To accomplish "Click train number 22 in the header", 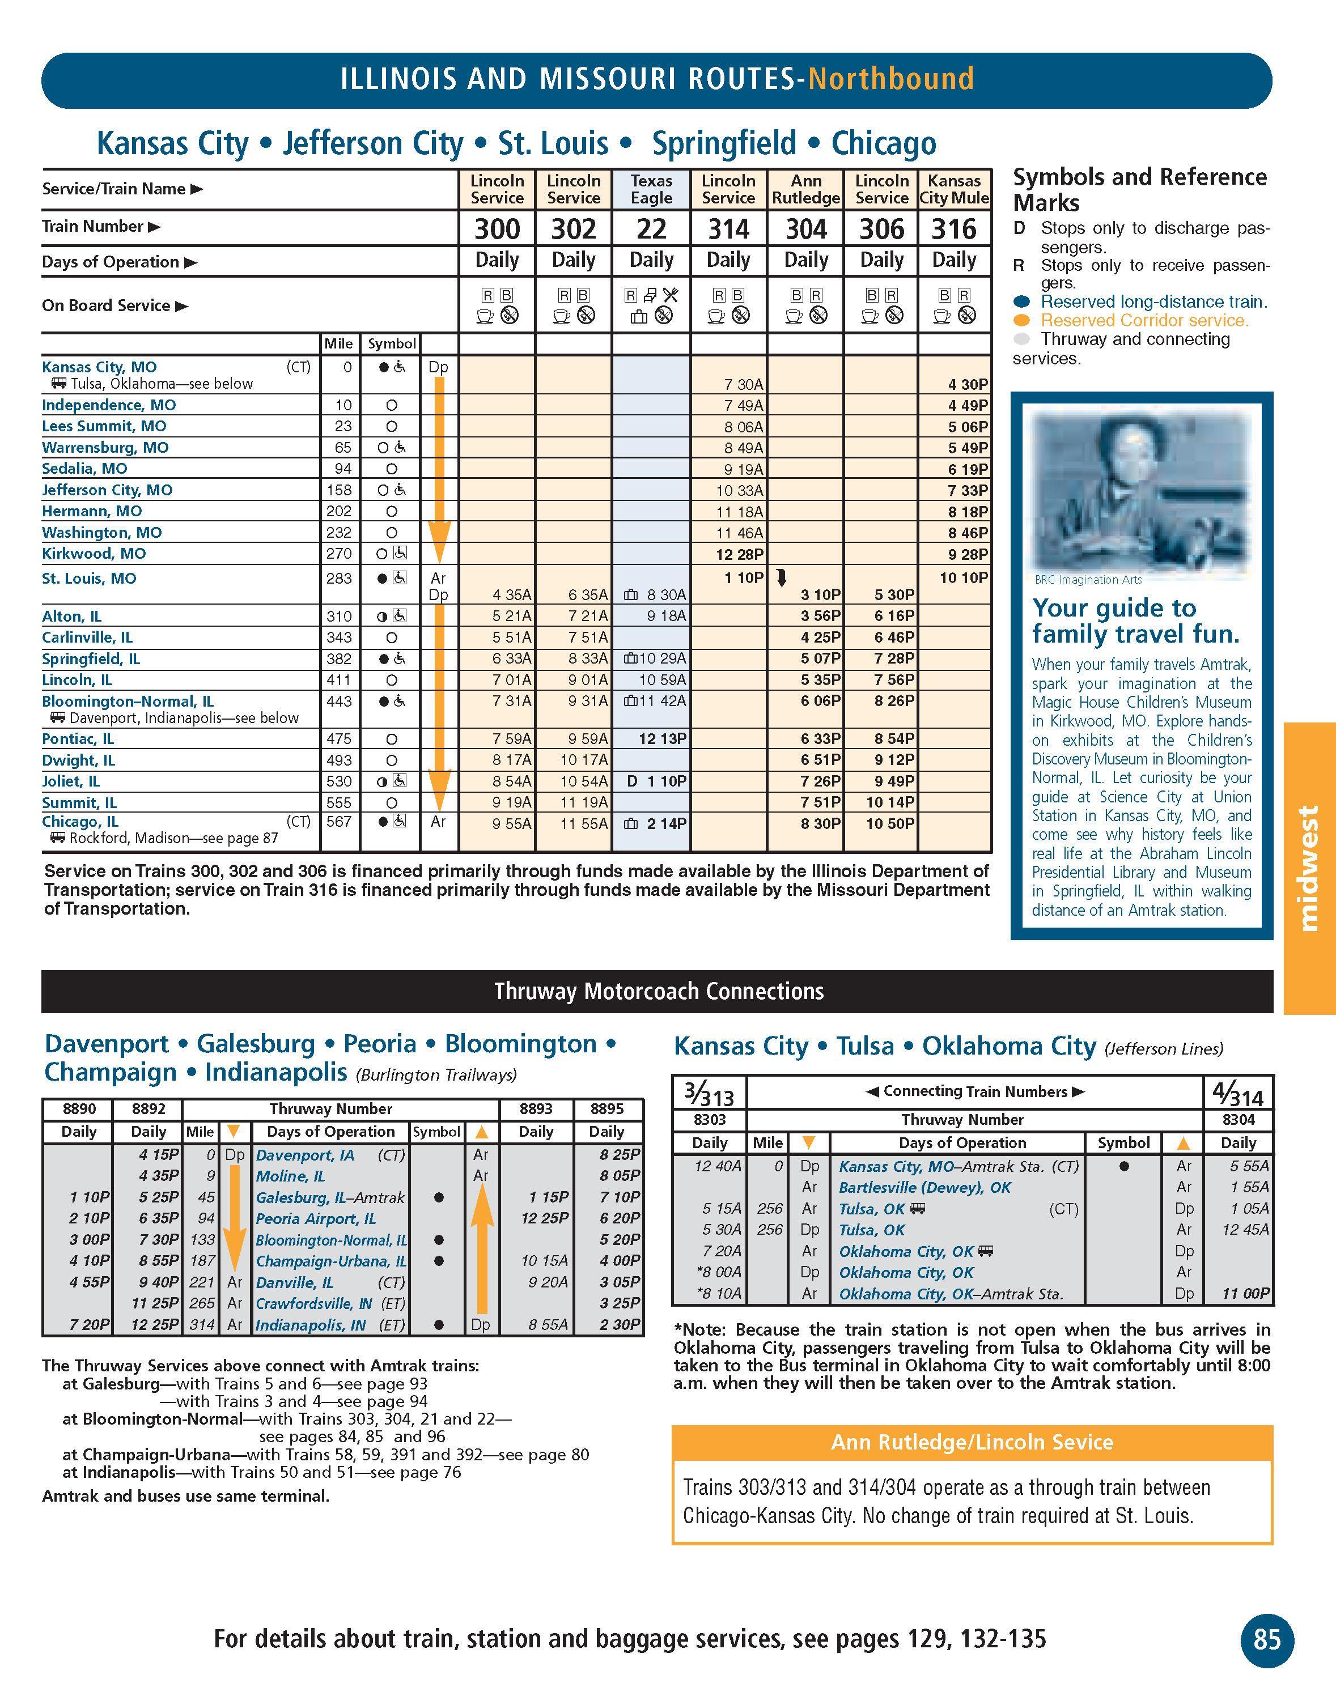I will [x=651, y=228].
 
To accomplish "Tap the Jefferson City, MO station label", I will [x=107, y=490].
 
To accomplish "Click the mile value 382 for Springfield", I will [x=340, y=659].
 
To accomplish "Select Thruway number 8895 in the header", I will [x=607, y=1109].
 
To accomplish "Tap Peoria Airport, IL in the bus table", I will [x=315, y=1218].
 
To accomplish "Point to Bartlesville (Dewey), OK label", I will [x=924, y=1187].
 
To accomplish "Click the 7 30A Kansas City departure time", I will [x=743, y=384].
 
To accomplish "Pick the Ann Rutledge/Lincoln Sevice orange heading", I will [x=972, y=1442].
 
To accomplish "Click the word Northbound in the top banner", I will [x=891, y=79].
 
